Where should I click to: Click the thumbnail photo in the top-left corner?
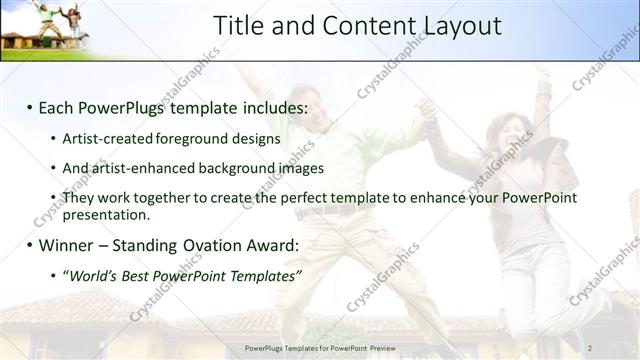(45, 28)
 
